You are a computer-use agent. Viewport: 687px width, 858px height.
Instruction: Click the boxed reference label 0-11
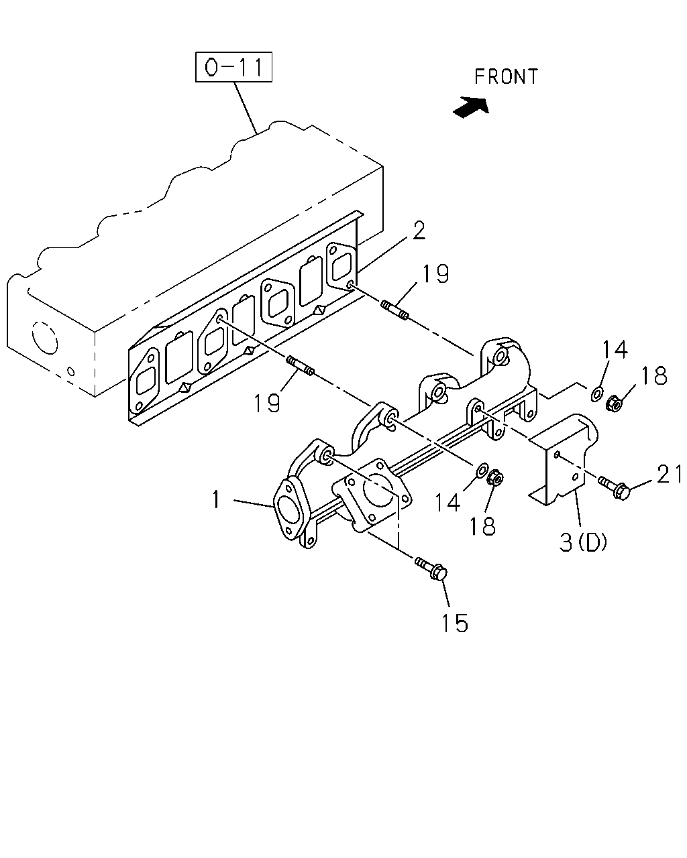point(233,67)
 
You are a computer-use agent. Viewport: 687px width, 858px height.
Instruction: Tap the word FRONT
point(506,76)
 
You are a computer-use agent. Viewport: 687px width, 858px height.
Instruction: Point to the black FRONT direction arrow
point(471,107)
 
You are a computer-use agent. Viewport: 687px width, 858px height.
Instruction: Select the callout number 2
point(419,231)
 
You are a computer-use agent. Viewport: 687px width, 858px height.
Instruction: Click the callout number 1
point(216,499)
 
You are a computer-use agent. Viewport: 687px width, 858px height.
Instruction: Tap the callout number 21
point(669,475)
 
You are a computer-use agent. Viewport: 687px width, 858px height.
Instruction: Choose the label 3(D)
point(583,542)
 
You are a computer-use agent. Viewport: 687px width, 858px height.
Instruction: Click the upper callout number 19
point(435,273)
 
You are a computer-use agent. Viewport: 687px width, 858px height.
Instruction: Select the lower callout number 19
point(266,403)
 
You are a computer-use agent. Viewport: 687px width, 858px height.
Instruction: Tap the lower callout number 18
point(482,526)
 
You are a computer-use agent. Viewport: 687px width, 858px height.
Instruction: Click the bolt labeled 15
point(432,570)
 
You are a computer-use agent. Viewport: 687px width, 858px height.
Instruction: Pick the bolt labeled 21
point(614,487)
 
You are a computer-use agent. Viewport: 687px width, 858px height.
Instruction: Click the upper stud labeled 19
point(394,311)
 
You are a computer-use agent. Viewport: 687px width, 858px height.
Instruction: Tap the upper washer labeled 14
point(597,393)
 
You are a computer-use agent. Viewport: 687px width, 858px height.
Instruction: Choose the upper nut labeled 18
point(615,404)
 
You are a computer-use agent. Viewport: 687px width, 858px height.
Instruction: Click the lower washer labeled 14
point(482,470)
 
